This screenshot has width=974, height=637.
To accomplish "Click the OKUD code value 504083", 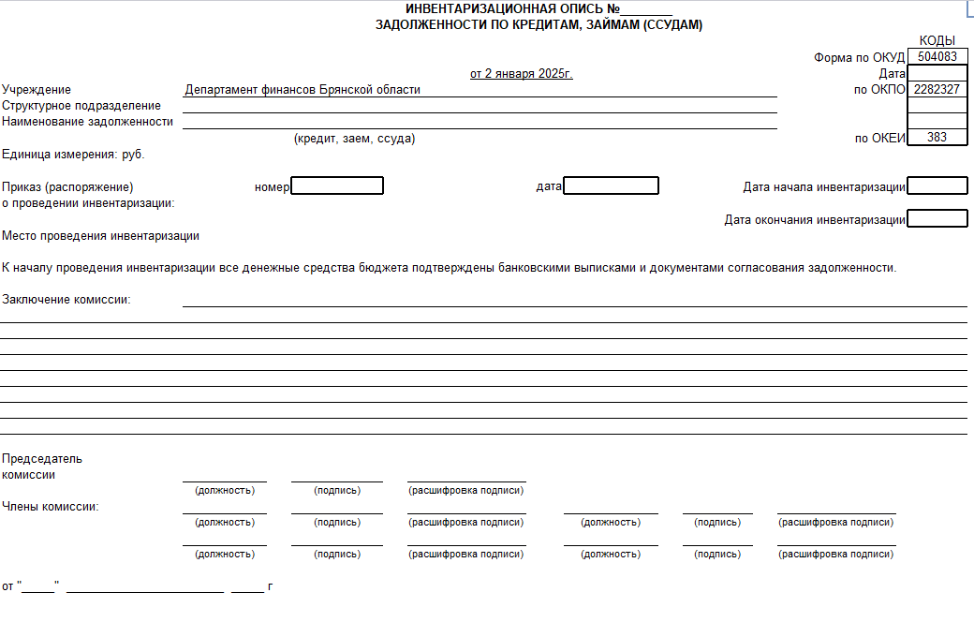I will pyautogui.click(x=937, y=57).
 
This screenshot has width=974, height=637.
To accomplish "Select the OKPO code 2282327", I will pyautogui.click(x=937, y=90).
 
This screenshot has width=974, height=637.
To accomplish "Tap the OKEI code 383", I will pyautogui.click(x=937, y=137).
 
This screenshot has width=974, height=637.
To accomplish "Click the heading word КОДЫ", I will pyautogui.click(x=937, y=40).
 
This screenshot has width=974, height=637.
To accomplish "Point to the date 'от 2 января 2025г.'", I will pyautogui.click(x=521, y=73).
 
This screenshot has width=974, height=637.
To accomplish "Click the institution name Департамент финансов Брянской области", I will pyautogui.click(x=303, y=90).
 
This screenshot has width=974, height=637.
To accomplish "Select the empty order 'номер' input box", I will pyautogui.click(x=337, y=186).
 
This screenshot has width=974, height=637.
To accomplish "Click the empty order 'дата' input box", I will pyautogui.click(x=612, y=186).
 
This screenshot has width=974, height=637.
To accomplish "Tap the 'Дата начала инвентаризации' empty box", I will pyautogui.click(x=937, y=186).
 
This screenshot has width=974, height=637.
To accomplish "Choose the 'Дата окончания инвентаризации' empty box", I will pyautogui.click(x=937, y=219).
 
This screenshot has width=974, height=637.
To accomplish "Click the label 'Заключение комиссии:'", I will pyautogui.click(x=66, y=300).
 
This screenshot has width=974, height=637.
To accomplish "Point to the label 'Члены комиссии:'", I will pyautogui.click(x=51, y=507).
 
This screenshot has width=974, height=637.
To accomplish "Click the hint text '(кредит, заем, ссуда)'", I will pyautogui.click(x=354, y=139).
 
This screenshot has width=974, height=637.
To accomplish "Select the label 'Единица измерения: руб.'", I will pyautogui.click(x=73, y=154).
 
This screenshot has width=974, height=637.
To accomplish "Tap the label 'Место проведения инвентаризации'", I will pyautogui.click(x=100, y=236).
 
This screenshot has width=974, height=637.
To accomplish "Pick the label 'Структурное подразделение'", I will pyautogui.click(x=81, y=106).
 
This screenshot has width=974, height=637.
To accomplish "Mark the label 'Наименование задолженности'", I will pyautogui.click(x=88, y=122).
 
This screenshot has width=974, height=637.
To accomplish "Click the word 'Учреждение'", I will pyautogui.click(x=37, y=90).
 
